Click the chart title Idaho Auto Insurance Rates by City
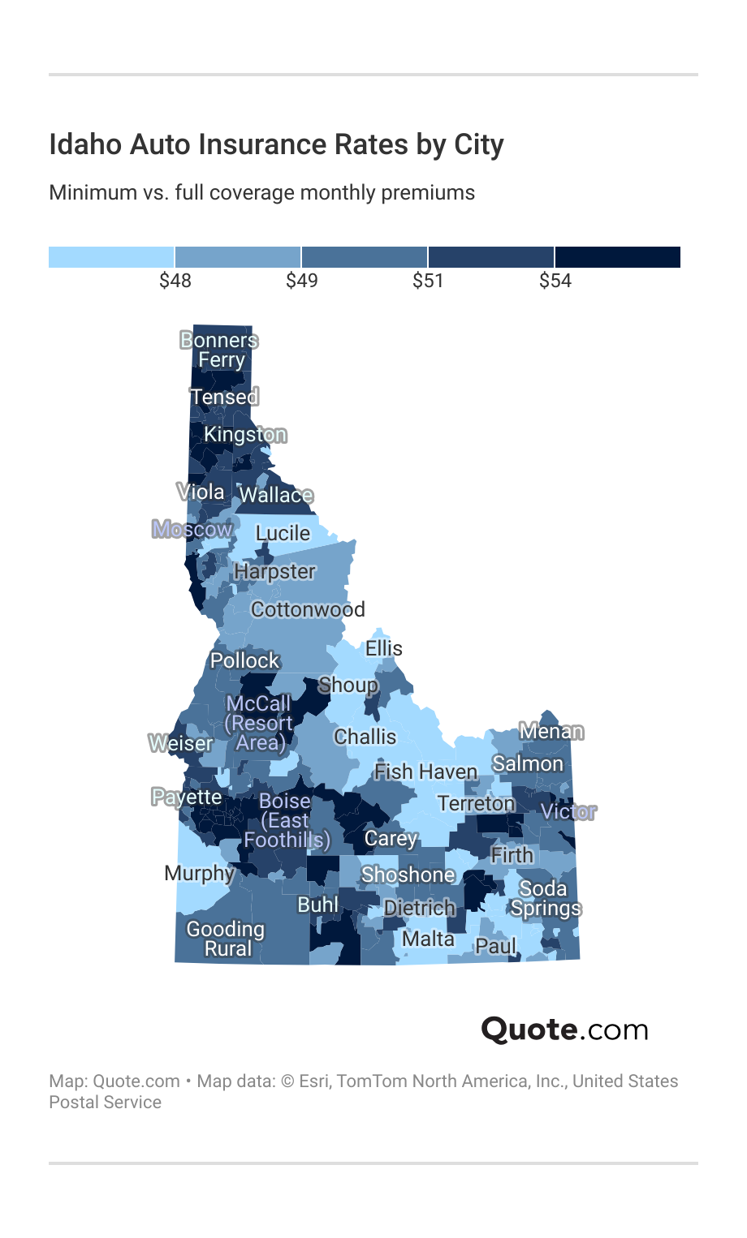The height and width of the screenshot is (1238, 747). [x=276, y=144]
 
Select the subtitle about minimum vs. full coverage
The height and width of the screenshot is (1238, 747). [x=261, y=193]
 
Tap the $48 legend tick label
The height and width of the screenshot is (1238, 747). [x=175, y=281]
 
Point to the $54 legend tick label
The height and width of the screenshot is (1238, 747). [x=555, y=281]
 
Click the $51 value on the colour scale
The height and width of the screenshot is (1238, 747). [x=429, y=281]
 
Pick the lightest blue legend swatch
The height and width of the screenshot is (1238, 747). [x=111, y=257]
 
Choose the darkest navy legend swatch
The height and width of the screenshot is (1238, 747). [x=617, y=257]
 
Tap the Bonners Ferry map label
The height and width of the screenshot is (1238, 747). [x=219, y=350]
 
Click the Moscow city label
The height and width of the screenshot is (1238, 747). [x=192, y=530]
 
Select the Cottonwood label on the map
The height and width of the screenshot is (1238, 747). [x=308, y=609]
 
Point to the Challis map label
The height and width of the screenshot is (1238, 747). [x=365, y=737]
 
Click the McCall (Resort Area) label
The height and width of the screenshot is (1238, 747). [x=259, y=723]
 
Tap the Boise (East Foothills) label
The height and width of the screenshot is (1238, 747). [x=287, y=820]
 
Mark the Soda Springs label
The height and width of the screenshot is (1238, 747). [x=545, y=898]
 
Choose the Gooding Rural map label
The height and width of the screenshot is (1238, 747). [x=226, y=939]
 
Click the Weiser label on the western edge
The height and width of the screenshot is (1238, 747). [x=180, y=743]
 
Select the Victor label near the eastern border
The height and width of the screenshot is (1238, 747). [x=568, y=811]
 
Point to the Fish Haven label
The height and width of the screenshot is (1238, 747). [x=425, y=772]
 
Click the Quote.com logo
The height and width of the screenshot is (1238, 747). [x=564, y=1030]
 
